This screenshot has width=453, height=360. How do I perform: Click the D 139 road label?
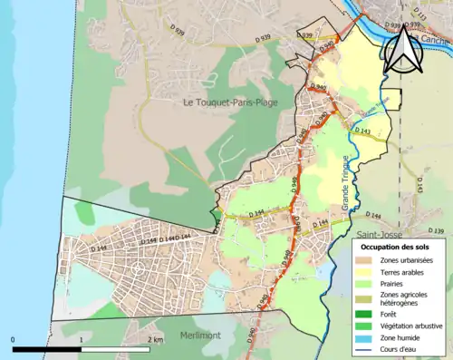pyautogui.click(x=435, y=231)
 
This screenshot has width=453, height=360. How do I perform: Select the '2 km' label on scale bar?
pyautogui.click(x=156, y=339)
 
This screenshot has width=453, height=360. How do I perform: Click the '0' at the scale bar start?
pyautogui.click(x=13, y=339)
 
